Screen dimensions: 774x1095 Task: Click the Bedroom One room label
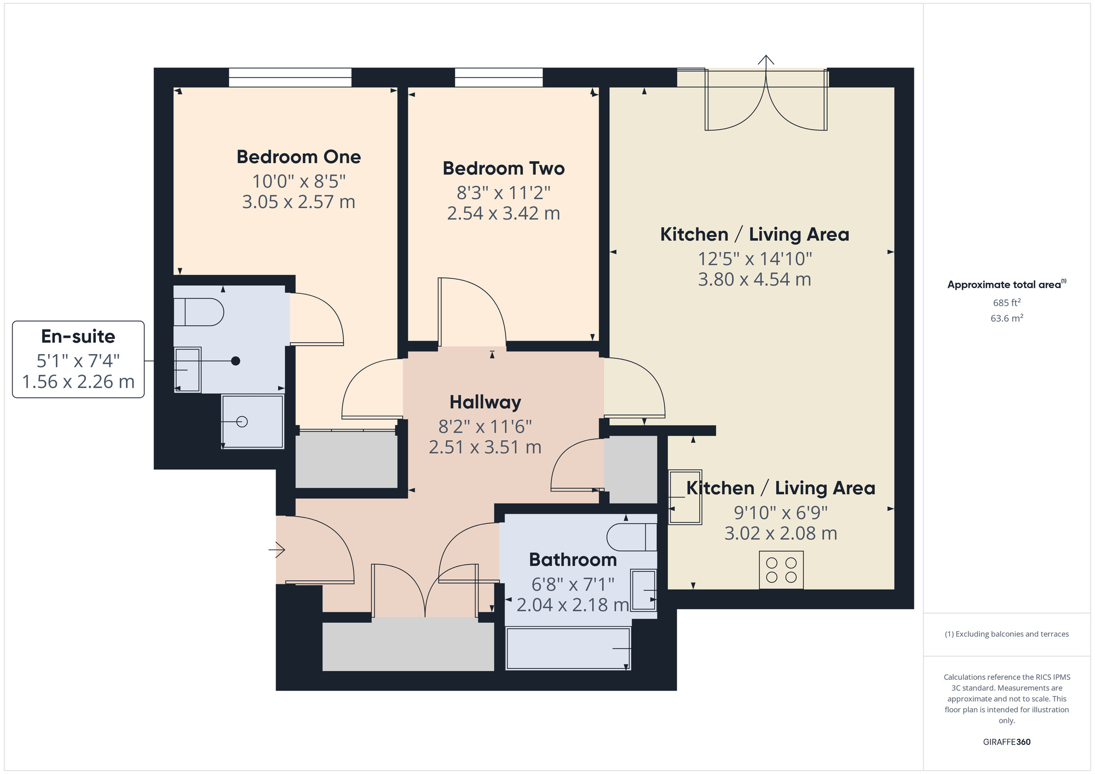(x=298, y=157)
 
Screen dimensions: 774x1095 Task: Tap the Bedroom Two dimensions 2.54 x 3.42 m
(x=503, y=213)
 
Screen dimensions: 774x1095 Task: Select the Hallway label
(x=485, y=402)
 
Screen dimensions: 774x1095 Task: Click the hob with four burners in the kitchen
(x=781, y=570)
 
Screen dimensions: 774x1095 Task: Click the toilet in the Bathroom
(x=631, y=537)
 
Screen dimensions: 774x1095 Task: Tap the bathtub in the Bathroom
(x=568, y=649)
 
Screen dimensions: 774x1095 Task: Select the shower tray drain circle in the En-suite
(x=242, y=421)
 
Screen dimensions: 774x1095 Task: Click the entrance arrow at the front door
(x=277, y=549)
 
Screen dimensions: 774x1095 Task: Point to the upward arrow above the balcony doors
(x=765, y=60)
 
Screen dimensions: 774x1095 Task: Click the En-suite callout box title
(x=78, y=337)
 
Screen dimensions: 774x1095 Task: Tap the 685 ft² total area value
(x=1006, y=303)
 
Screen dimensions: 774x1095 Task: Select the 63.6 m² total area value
(x=1006, y=318)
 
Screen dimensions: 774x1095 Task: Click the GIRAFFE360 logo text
(x=1006, y=742)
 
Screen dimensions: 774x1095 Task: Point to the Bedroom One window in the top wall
(x=290, y=77)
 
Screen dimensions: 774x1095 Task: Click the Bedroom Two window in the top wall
(x=498, y=77)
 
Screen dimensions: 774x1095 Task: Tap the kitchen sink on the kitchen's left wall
(x=685, y=497)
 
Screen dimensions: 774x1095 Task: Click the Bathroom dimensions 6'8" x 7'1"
(x=573, y=585)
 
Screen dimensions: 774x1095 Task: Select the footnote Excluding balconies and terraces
(x=1006, y=634)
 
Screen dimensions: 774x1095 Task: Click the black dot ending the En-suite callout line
(x=235, y=361)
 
